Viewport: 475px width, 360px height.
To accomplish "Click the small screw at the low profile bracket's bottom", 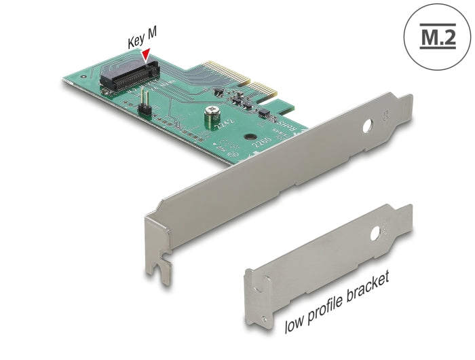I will (255, 288).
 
